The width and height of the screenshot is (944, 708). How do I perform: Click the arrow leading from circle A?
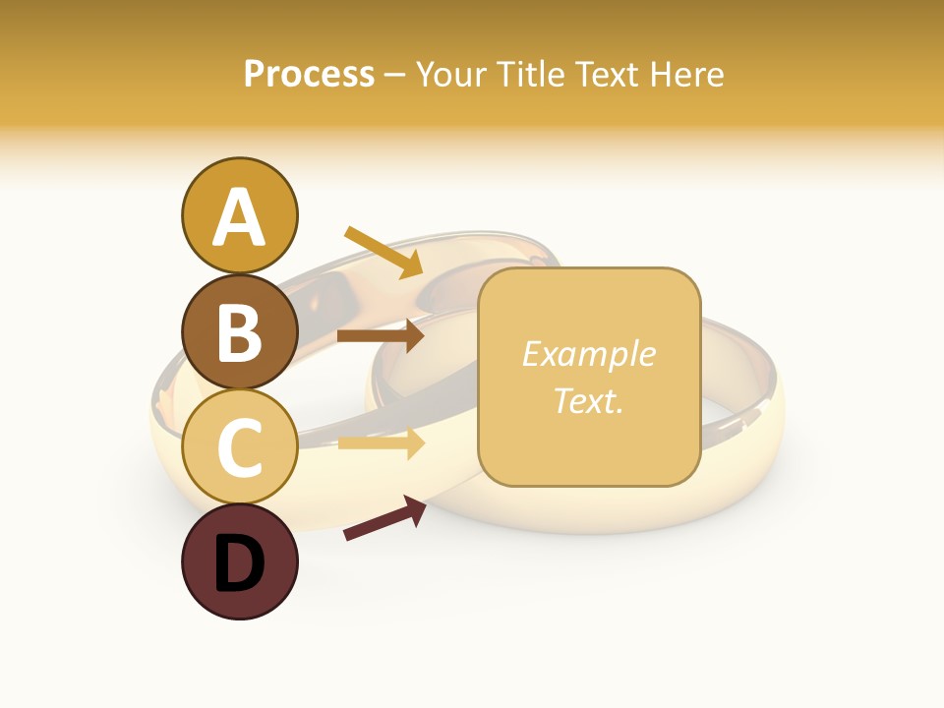pos(383,252)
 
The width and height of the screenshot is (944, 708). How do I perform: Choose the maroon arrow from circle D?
pos(384,518)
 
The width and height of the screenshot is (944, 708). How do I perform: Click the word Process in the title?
pos(309,75)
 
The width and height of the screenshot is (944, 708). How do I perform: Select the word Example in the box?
pos(588,354)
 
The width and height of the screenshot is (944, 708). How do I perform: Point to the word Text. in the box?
pos(588,400)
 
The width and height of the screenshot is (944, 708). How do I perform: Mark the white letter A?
pos(239,217)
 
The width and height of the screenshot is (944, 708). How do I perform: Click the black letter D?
pos(239,564)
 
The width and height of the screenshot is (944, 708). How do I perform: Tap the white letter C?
pos(239,448)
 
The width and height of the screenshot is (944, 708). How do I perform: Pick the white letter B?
pos(239,332)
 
